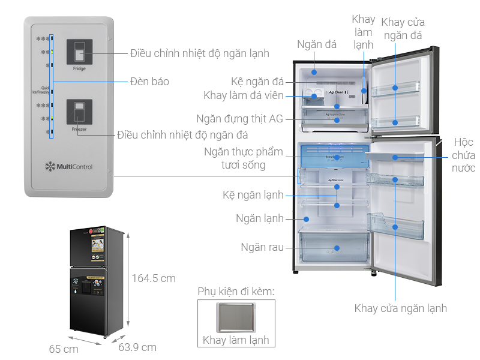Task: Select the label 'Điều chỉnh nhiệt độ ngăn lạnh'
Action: (199, 53)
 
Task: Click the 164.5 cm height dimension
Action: (154, 278)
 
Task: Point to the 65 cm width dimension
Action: (64, 349)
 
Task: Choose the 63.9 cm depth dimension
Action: (137, 347)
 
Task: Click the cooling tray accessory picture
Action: (236, 316)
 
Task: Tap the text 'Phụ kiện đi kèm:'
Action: (236, 292)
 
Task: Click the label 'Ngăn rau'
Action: (262, 247)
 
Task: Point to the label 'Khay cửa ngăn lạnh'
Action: (400, 308)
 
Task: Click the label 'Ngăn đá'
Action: (317, 44)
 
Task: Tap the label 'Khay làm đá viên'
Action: (243, 95)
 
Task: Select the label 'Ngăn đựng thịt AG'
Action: (240, 119)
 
